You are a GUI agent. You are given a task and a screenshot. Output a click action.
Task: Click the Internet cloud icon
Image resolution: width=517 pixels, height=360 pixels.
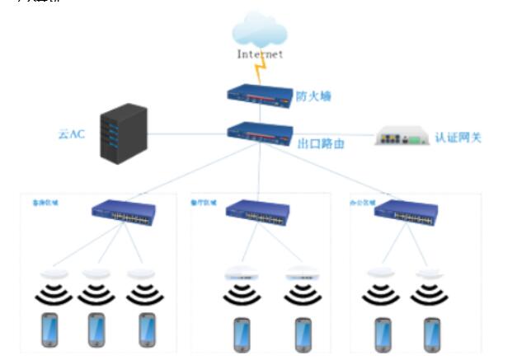click(x=260, y=31)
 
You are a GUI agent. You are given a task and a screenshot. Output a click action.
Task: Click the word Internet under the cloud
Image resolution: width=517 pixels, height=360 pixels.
click(x=260, y=54)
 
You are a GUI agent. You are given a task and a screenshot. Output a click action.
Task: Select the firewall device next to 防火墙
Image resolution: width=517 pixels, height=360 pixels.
click(x=261, y=93)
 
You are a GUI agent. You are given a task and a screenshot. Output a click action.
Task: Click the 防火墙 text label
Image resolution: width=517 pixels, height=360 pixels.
click(x=313, y=96)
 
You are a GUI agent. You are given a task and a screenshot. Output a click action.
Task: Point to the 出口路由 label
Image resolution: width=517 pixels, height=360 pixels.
click(x=321, y=142)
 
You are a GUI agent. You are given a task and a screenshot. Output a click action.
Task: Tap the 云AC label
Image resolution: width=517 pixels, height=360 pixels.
click(x=70, y=134)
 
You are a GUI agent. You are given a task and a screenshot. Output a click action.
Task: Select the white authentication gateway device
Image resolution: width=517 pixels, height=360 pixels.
click(x=402, y=136)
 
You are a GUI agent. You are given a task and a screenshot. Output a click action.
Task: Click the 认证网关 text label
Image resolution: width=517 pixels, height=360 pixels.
click(x=458, y=137)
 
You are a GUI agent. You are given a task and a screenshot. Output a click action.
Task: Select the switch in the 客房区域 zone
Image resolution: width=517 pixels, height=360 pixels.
click(x=124, y=213)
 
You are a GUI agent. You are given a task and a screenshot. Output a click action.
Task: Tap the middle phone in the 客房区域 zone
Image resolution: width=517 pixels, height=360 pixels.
click(x=97, y=329)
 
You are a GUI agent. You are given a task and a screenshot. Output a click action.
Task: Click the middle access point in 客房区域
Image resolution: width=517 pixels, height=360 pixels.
click(x=96, y=274)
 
